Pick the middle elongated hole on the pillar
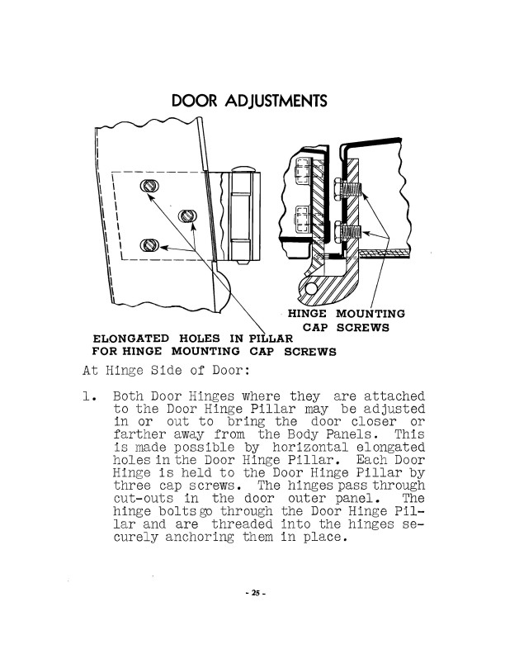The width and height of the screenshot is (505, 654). click(188, 216)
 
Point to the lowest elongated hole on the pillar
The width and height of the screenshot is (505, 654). click(149, 245)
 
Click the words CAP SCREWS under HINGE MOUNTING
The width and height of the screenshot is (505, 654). click(346, 327)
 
